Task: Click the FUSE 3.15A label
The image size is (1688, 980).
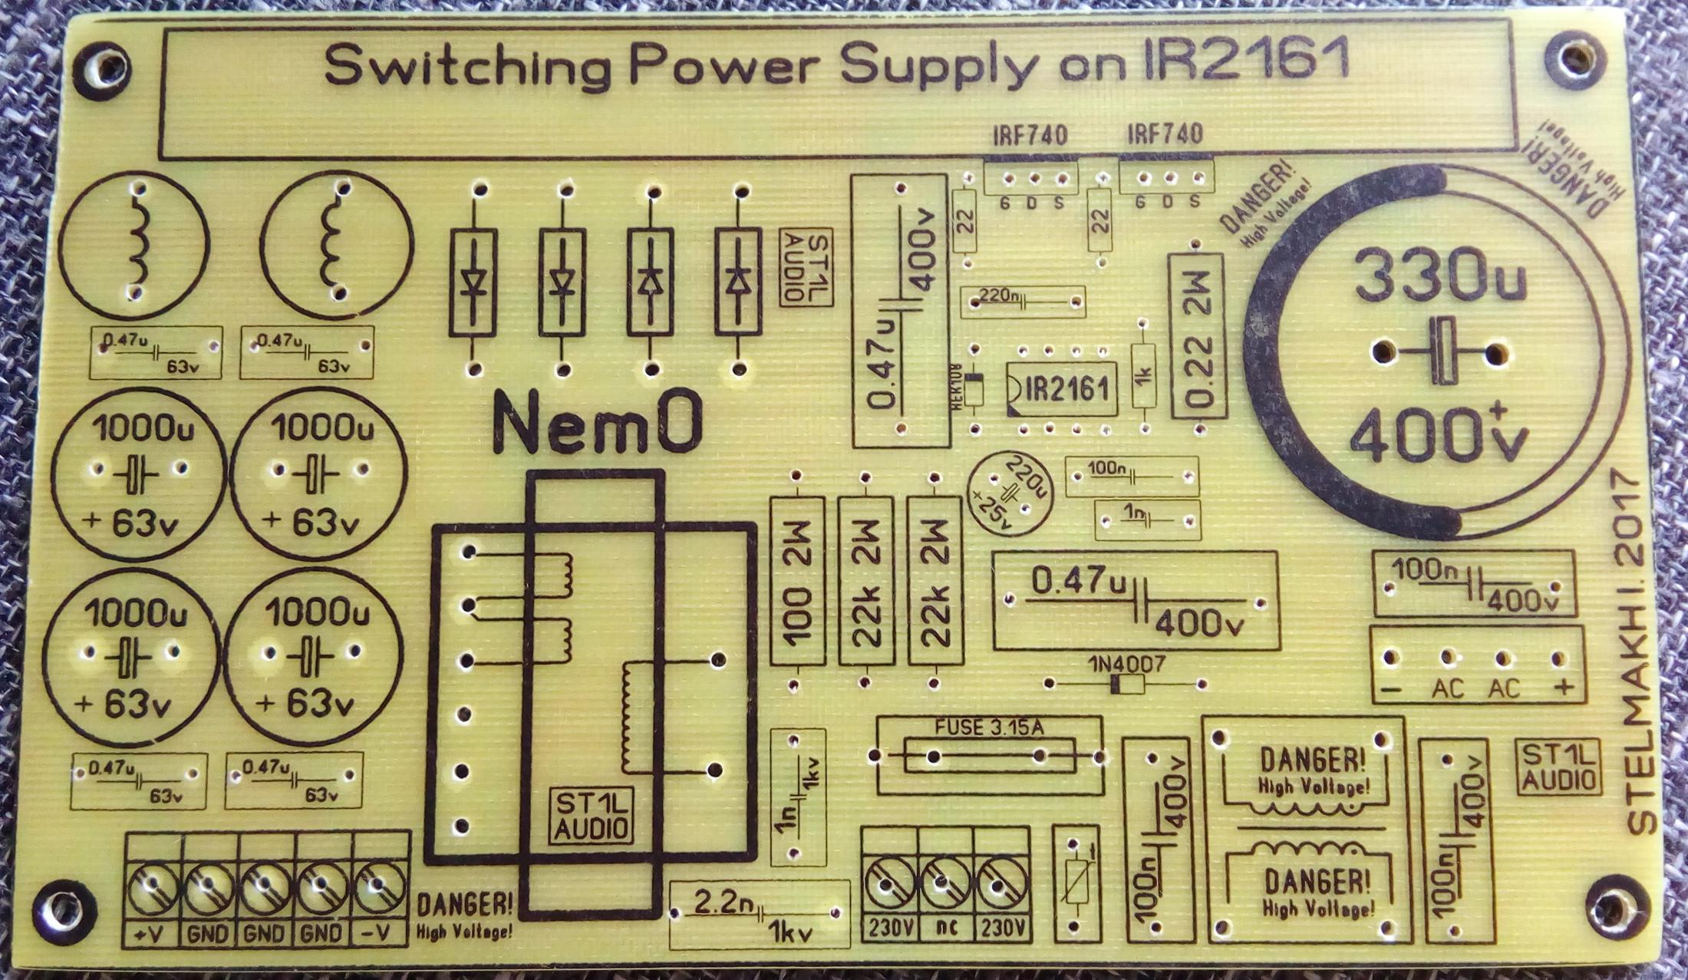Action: (989, 728)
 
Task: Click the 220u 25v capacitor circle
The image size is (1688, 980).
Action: (1011, 493)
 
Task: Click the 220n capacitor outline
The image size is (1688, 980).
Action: (1023, 301)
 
